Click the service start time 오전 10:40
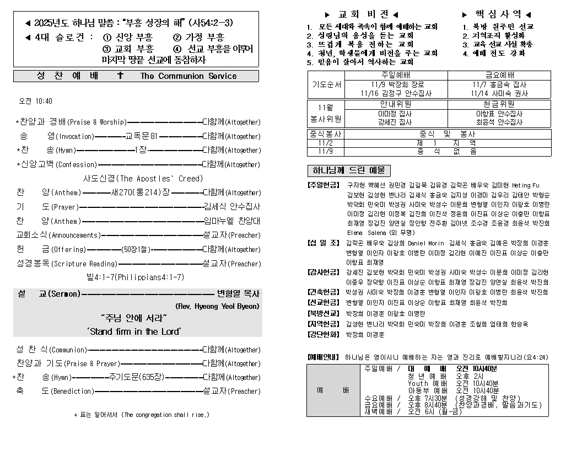pos(36,101)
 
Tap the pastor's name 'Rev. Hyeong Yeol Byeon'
pos(217,306)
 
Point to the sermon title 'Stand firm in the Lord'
pos(135,331)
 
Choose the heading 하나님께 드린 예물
pos(348,170)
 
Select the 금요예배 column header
pos(499,76)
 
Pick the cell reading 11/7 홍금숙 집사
pos(499,85)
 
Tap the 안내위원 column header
pos(395,104)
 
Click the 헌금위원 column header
pos(499,104)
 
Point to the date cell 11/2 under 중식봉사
pos(325,142)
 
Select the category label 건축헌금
pos(324,292)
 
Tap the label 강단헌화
pos(324,334)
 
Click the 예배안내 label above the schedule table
pos(324,357)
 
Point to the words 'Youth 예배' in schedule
pos(427,383)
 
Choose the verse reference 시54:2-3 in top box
pos(211,23)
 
